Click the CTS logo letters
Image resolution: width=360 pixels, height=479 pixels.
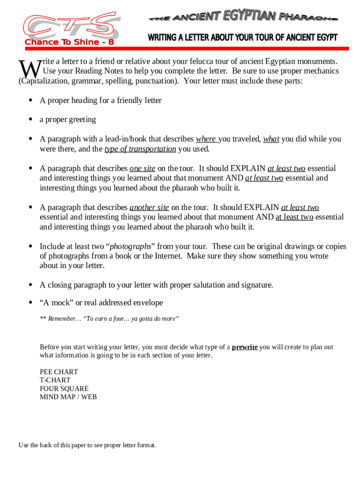[x=70, y=26]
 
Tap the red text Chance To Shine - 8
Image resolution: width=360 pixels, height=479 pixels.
[x=70, y=43]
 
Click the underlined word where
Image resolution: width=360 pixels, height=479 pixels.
[x=206, y=139]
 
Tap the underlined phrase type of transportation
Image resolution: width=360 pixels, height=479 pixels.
[x=140, y=149]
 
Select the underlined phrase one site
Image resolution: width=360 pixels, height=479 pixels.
[x=142, y=168]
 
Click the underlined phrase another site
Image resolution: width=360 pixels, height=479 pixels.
[x=149, y=207]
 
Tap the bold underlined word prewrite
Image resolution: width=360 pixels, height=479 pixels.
[x=245, y=347]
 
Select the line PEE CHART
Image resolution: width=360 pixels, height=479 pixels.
[x=59, y=372]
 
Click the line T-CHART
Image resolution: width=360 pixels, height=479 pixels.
[x=55, y=380]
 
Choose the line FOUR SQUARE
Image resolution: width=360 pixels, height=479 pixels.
[x=64, y=389]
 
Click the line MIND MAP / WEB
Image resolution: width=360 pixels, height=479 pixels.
[x=68, y=397]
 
